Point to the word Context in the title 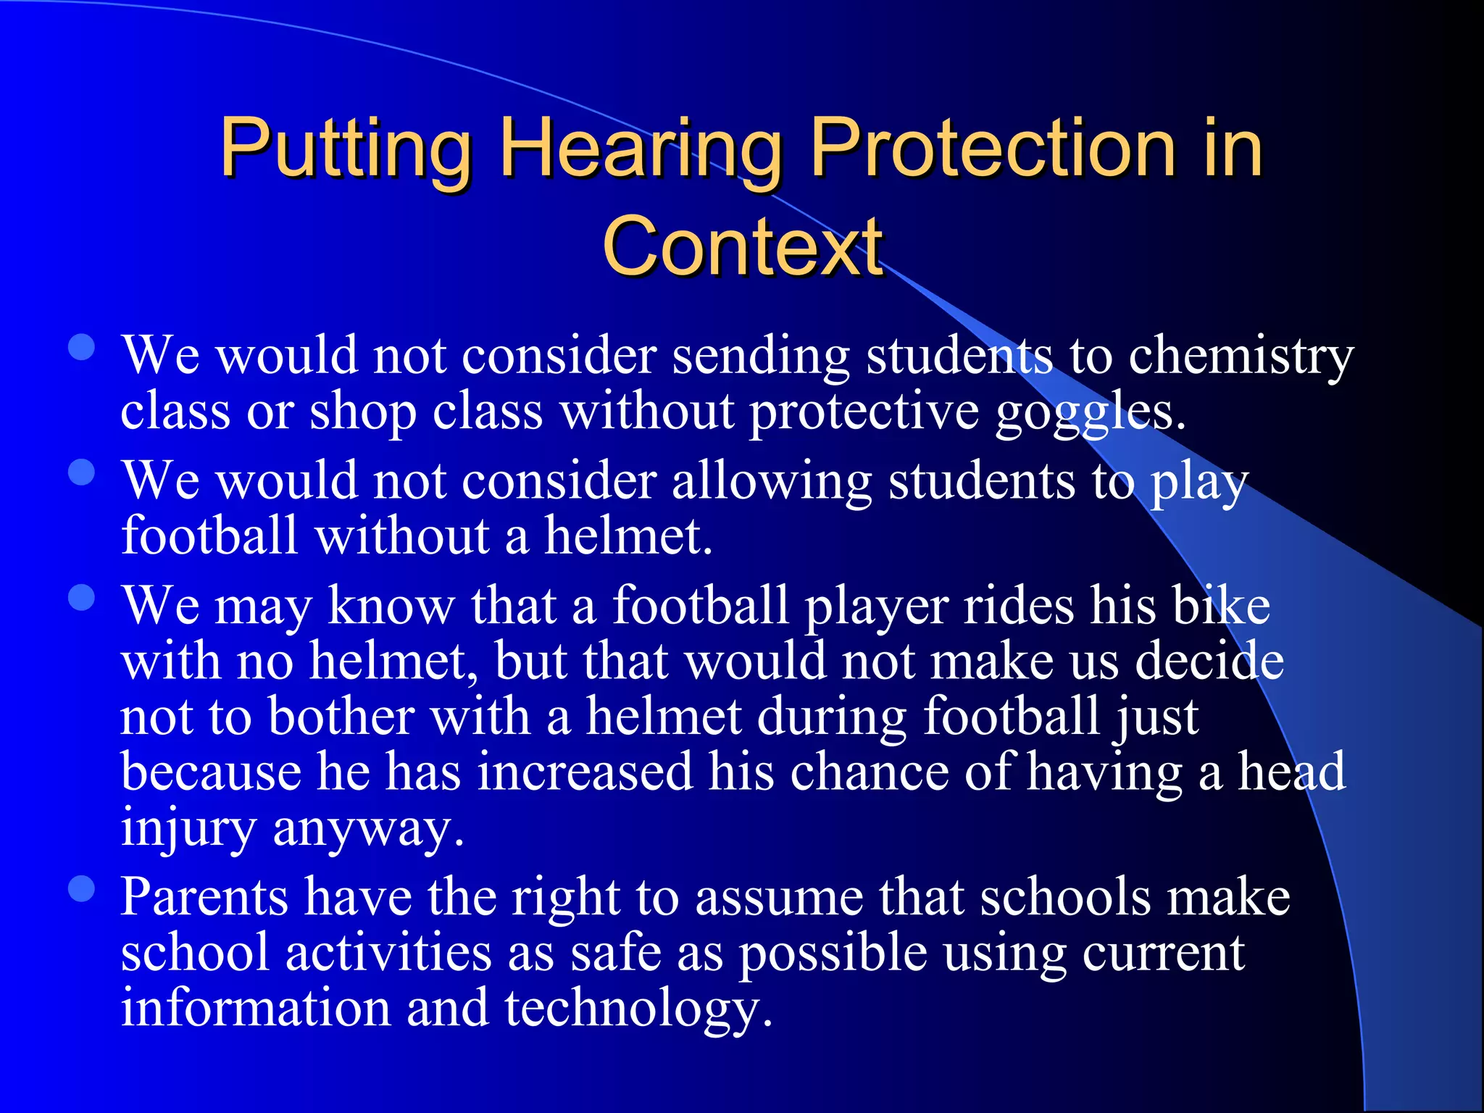coord(742,247)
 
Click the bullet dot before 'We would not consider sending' coord(82,347)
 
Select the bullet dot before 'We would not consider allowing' coord(82,472)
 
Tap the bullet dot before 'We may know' coord(82,598)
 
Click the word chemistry coord(1241,357)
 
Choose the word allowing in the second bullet coord(772,482)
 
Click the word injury coord(188,828)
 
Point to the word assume coord(779,899)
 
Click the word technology coord(638,1009)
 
